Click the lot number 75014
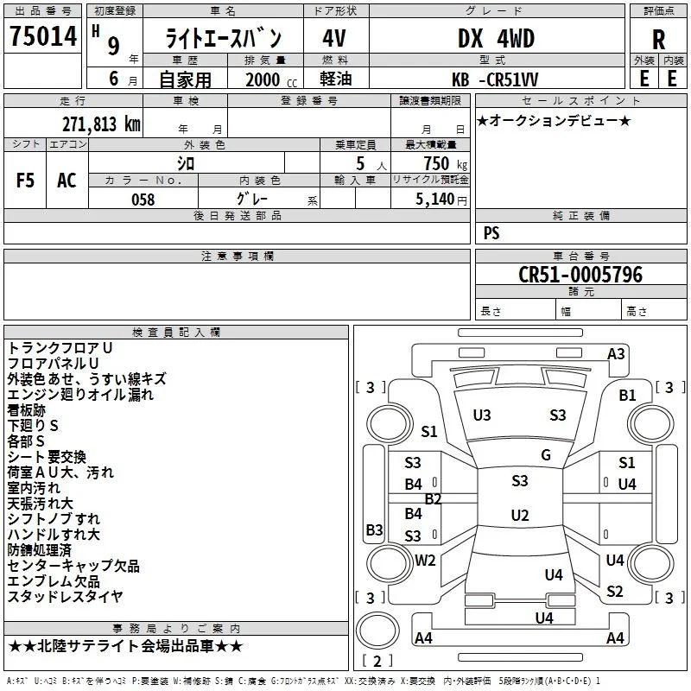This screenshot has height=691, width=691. pyautogui.click(x=43, y=36)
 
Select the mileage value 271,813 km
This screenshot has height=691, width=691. pyautogui.click(x=101, y=124)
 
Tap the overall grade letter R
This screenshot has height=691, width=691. pyautogui.click(x=658, y=40)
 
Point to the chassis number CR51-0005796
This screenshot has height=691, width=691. pyautogui.click(x=580, y=275)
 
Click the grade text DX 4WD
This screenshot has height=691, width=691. pyautogui.click(x=496, y=38)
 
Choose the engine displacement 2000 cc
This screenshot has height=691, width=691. pyautogui.click(x=271, y=79)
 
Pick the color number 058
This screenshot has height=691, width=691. pyautogui.click(x=143, y=200)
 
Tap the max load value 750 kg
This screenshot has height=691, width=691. pyautogui.click(x=445, y=163)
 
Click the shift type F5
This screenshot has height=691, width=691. pyautogui.click(x=25, y=181)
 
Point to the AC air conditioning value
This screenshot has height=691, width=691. pyautogui.click(x=67, y=181)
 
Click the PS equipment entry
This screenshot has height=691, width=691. pyautogui.click(x=491, y=233)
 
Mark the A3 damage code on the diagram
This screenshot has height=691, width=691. pyautogui.click(x=616, y=354)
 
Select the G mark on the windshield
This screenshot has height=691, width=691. pyautogui.click(x=546, y=455)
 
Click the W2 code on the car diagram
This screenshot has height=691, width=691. pyautogui.click(x=425, y=561)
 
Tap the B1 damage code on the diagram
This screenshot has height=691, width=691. pyautogui.click(x=627, y=396)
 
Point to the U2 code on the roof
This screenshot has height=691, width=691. pyautogui.click(x=520, y=515)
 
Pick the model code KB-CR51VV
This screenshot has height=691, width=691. pyautogui.click(x=495, y=79)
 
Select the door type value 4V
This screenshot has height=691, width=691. pyautogui.click(x=334, y=38)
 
